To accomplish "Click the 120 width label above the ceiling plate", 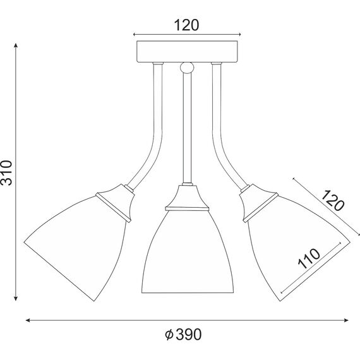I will [187, 25].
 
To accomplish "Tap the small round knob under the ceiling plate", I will [188, 68].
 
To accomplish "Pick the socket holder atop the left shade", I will [116, 202].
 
